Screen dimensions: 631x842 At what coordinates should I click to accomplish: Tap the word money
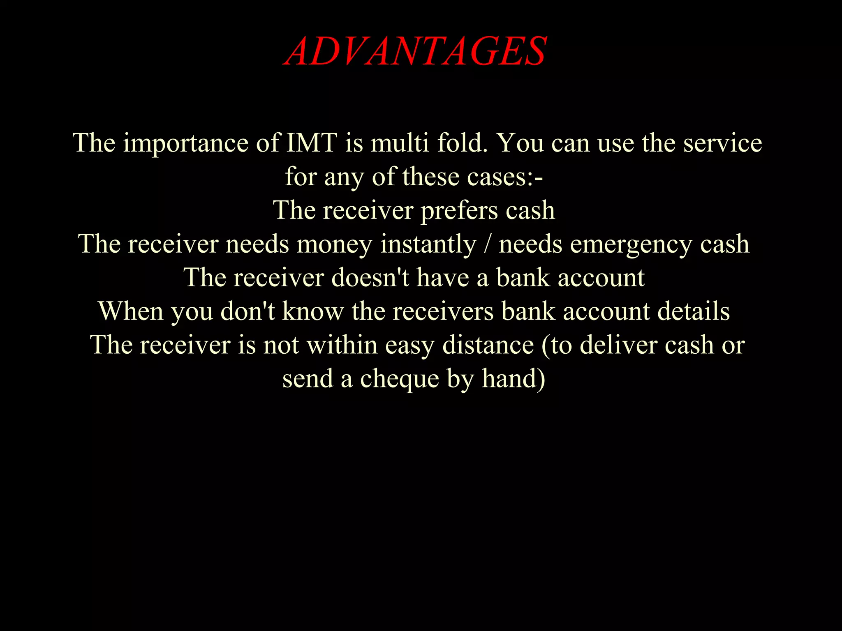point(334,244)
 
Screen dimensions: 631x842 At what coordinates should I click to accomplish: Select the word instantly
point(428,244)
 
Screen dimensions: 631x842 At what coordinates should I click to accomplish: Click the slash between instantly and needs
point(488,244)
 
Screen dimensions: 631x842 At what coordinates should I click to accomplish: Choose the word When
point(131,311)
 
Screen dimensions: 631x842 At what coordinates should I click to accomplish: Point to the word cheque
point(399,378)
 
